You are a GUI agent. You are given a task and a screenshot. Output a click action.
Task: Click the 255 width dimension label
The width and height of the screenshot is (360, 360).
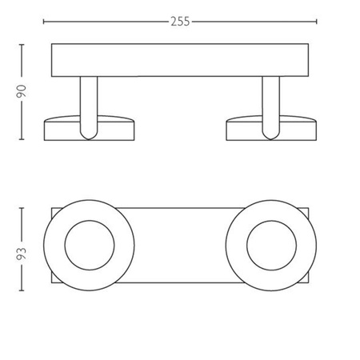tap(180, 22)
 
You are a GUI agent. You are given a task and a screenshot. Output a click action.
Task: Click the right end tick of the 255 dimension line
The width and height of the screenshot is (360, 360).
tap(316, 22)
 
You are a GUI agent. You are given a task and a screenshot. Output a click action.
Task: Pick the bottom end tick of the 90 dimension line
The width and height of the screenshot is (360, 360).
tap(22, 140)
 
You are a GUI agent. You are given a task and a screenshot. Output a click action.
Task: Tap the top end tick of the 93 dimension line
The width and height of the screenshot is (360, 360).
tap(22, 206)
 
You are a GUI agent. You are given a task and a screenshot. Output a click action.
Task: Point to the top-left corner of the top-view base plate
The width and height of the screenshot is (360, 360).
tap(52, 210)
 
